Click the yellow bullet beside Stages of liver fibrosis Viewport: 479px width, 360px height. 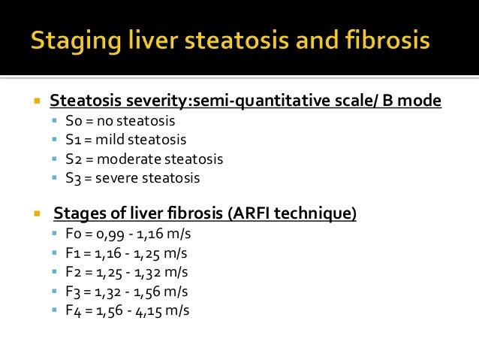point(35,214)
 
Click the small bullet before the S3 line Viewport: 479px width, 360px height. point(57,179)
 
